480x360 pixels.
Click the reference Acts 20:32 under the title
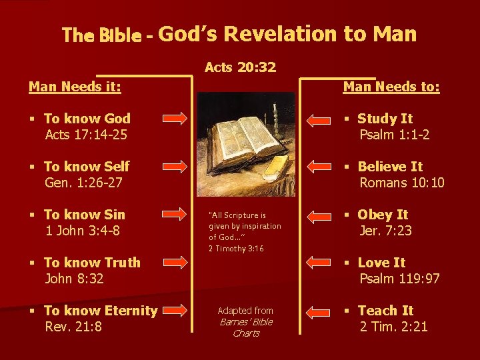click(240, 67)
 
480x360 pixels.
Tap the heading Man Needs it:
click(75, 87)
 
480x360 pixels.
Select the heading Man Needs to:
click(391, 87)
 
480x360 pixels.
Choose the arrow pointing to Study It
click(321, 119)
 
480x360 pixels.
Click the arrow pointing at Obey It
click(321, 215)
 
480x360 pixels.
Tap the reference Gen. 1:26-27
click(83, 182)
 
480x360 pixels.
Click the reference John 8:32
click(74, 278)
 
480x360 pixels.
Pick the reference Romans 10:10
click(402, 182)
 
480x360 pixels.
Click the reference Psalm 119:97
click(399, 278)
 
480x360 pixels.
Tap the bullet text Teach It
click(385, 311)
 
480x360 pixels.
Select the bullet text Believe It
click(390, 167)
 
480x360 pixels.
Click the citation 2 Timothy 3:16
click(236, 249)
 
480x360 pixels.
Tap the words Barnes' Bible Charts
click(245, 327)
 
